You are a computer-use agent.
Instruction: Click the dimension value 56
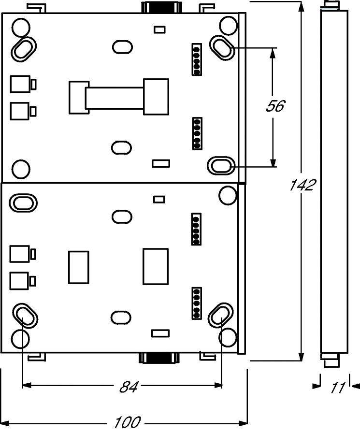(x=275, y=106)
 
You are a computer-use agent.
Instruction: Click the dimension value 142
(x=302, y=185)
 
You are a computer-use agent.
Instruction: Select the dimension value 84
(x=129, y=387)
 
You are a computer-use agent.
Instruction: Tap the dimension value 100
(x=128, y=422)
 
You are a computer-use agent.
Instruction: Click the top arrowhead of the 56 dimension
(x=273, y=53)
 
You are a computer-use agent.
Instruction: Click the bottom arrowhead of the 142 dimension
(x=302, y=356)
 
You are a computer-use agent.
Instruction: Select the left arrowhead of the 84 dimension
(x=27, y=385)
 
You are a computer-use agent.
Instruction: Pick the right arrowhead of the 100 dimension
(x=243, y=423)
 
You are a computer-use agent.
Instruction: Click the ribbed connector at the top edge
(x=161, y=7)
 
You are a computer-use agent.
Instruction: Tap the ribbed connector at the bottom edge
(x=159, y=358)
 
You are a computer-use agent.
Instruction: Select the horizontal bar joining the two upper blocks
(x=115, y=98)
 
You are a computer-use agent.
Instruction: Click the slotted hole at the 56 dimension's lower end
(x=221, y=166)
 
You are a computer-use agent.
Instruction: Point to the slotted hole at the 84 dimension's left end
(x=25, y=316)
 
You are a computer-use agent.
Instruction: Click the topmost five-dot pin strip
(x=197, y=59)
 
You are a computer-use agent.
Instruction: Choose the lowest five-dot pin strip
(x=197, y=303)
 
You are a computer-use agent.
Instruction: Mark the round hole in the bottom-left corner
(x=20, y=338)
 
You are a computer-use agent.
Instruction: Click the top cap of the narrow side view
(x=332, y=5)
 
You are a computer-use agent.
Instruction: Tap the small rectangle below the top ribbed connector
(x=159, y=29)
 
